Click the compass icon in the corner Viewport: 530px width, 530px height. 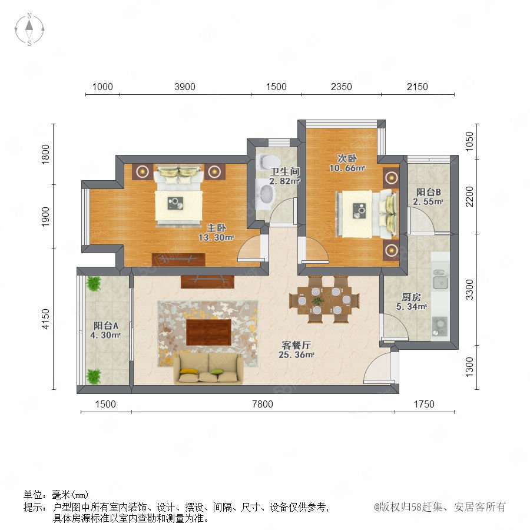tap(29, 29)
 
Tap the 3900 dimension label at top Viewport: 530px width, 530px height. tap(184, 87)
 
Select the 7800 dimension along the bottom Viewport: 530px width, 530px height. tap(263, 404)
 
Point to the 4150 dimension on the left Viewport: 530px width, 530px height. tap(45, 319)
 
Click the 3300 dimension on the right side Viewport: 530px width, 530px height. tap(469, 289)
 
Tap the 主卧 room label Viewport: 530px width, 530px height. tap(216, 228)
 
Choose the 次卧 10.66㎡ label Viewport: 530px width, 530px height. tap(347, 163)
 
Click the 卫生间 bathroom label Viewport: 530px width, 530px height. tap(284, 171)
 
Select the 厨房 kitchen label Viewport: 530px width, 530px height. tap(412, 297)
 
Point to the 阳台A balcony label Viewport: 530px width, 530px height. tap(106, 326)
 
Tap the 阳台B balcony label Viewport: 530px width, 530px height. tap(428, 192)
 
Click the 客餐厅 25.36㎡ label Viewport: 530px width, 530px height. tap(296, 350)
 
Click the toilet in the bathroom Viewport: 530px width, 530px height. tap(265, 161)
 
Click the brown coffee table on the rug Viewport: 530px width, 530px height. tap(208, 332)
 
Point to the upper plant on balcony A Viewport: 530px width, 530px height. tap(93, 283)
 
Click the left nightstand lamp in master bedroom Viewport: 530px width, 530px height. tap(143, 171)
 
